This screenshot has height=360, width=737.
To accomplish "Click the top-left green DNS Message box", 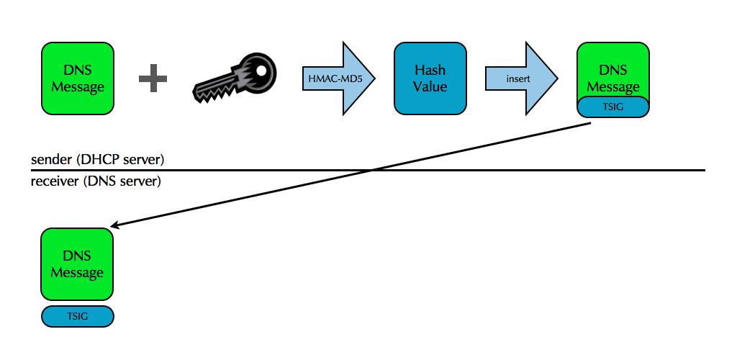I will (x=78, y=78).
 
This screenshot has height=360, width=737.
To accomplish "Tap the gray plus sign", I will (x=153, y=78).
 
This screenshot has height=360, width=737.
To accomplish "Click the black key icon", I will (x=234, y=78).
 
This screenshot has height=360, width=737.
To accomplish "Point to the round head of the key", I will (x=258, y=69).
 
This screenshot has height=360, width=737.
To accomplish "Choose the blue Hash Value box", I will (x=430, y=78).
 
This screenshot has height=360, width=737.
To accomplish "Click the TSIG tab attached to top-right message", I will (x=613, y=107).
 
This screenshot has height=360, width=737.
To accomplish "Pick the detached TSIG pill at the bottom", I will (x=78, y=316).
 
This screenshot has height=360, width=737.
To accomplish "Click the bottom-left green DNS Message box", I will (x=78, y=264).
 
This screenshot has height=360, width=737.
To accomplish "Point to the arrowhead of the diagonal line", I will (x=115, y=226).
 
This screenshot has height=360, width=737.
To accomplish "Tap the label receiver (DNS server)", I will (x=96, y=181).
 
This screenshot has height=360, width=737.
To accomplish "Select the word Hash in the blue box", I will (x=430, y=71).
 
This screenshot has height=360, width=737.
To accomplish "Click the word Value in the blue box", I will (x=430, y=86).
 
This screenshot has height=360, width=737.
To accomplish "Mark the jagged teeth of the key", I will (x=216, y=90).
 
